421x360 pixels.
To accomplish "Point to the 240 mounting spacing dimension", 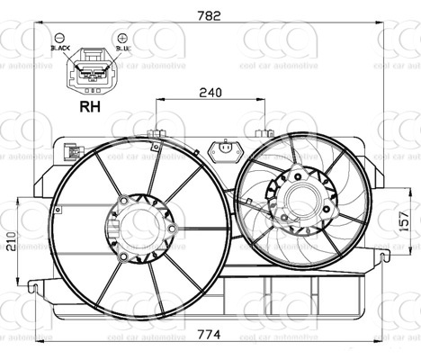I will (211, 92).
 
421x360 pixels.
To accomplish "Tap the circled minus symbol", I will (60, 40).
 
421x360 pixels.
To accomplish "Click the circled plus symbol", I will (120, 40).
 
